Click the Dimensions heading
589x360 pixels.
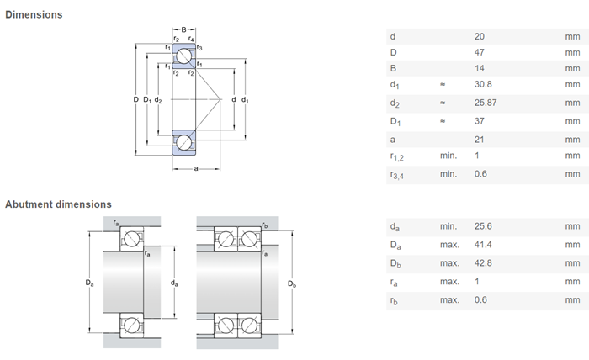click(34, 15)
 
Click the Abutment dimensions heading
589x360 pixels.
click(58, 204)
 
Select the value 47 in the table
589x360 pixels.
click(480, 52)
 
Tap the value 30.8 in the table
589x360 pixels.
click(484, 85)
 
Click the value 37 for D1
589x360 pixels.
click(480, 121)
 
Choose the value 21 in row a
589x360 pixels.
click(480, 139)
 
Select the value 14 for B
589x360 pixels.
click(480, 68)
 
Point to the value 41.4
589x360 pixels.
click(484, 246)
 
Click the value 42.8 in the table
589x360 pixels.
click(484, 264)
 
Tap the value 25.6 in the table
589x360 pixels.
click(484, 227)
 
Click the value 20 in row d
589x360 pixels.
click(480, 36)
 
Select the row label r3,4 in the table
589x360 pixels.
click(397, 174)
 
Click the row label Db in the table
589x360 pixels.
click(395, 264)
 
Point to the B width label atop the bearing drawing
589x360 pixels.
click(183, 30)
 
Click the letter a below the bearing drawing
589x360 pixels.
click(195, 169)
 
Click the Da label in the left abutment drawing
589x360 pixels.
click(89, 283)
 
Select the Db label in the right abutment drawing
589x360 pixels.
click(292, 283)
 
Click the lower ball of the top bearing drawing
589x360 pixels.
click(183, 142)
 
